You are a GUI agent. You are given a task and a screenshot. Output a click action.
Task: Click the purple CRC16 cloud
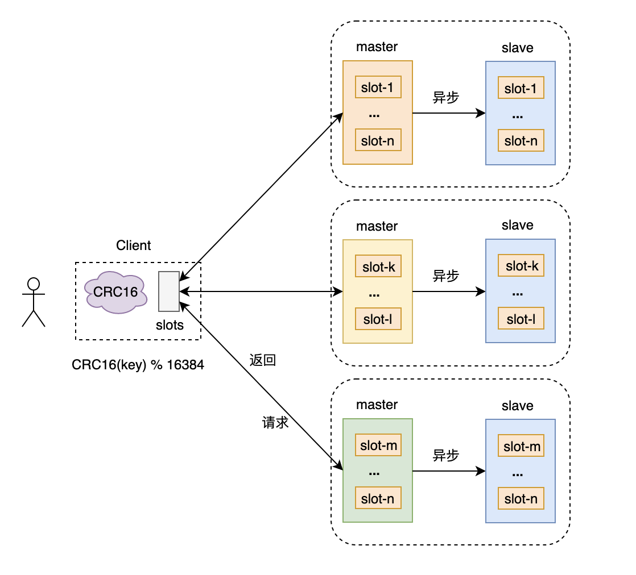(x=116, y=293)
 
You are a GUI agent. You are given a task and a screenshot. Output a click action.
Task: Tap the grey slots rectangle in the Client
(x=169, y=291)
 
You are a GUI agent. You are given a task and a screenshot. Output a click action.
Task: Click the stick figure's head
(x=34, y=284)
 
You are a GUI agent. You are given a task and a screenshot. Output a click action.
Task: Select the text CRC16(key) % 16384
(x=138, y=365)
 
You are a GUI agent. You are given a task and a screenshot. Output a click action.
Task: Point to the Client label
(x=134, y=245)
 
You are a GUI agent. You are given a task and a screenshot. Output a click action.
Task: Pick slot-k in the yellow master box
(x=378, y=266)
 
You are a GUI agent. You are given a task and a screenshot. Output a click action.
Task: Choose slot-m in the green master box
(x=378, y=445)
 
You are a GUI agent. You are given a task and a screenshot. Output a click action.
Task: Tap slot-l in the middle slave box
(x=521, y=319)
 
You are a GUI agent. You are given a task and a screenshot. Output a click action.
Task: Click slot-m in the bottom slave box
(x=521, y=447)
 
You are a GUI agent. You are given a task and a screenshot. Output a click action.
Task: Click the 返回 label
(x=262, y=360)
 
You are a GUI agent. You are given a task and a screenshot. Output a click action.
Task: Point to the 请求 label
(x=275, y=423)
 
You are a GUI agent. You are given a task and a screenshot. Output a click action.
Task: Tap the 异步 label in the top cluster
(x=446, y=97)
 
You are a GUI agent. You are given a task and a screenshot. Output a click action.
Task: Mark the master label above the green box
(x=377, y=405)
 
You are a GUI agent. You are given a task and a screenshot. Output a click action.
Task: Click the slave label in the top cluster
(x=517, y=48)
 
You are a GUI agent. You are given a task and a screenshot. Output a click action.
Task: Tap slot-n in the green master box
(x=378, y=498)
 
